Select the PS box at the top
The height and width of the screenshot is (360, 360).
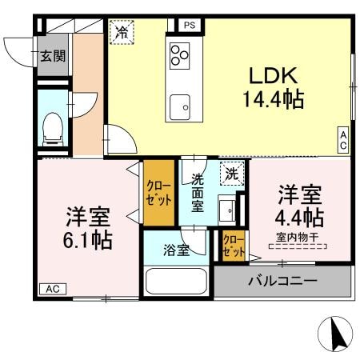(x=190, y=26)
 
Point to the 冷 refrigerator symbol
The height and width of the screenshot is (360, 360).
(x=122, y=32)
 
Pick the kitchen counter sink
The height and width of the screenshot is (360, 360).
(x=185, y=106)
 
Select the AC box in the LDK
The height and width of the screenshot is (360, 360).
(x=342, y=141)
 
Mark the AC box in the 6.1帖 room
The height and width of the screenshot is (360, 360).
(x=52, y=289)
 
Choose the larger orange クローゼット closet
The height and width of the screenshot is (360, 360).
(x=158, y=194)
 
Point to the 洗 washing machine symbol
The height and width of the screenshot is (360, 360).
(x=231, y=172)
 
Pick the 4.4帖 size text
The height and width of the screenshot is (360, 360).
(x=300, y=218)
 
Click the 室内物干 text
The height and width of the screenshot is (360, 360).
(x=298, y=236)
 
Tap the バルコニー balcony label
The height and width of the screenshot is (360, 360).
(x=282, y=281)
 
